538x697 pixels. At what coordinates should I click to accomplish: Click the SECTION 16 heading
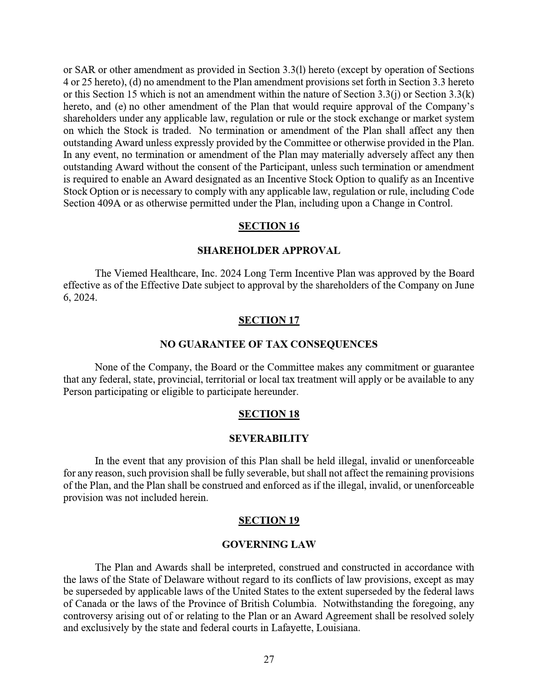coord(269,226)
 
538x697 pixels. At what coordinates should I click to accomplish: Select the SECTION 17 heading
coord(269,320)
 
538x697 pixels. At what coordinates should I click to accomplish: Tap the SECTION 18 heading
coord(269,414)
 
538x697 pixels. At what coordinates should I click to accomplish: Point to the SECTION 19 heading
coord(269,520)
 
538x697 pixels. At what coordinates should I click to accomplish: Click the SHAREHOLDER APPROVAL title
coord(269,250)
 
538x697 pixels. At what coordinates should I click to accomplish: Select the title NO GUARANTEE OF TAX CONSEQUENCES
coord(269,344)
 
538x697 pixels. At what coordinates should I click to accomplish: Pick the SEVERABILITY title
coord(269,438)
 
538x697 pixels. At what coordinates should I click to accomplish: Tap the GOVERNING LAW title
coord(269,545)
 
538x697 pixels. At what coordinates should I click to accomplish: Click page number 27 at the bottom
coord(269,659)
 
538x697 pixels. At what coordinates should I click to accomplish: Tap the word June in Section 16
coord(464,286)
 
